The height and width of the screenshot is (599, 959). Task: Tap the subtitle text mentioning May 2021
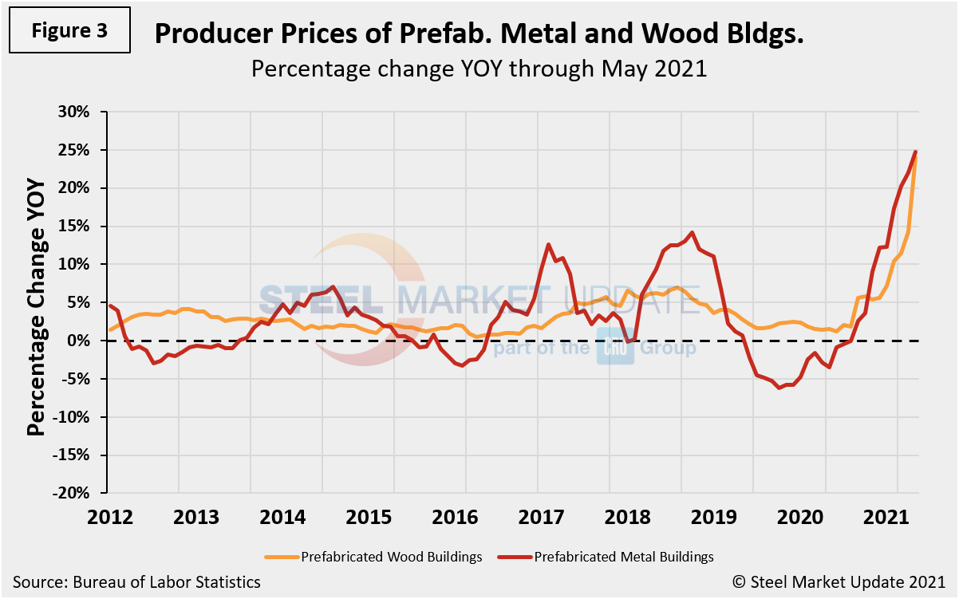tap(479, 69)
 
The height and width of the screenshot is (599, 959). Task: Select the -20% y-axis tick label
tap(77, 494)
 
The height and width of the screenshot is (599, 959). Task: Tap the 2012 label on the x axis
tap(110, 515)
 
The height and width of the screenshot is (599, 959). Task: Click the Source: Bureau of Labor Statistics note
tap(136, 582)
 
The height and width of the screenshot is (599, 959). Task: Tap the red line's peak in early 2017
tap(548, 245)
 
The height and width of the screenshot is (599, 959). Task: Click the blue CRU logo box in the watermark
tap(615, 349)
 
